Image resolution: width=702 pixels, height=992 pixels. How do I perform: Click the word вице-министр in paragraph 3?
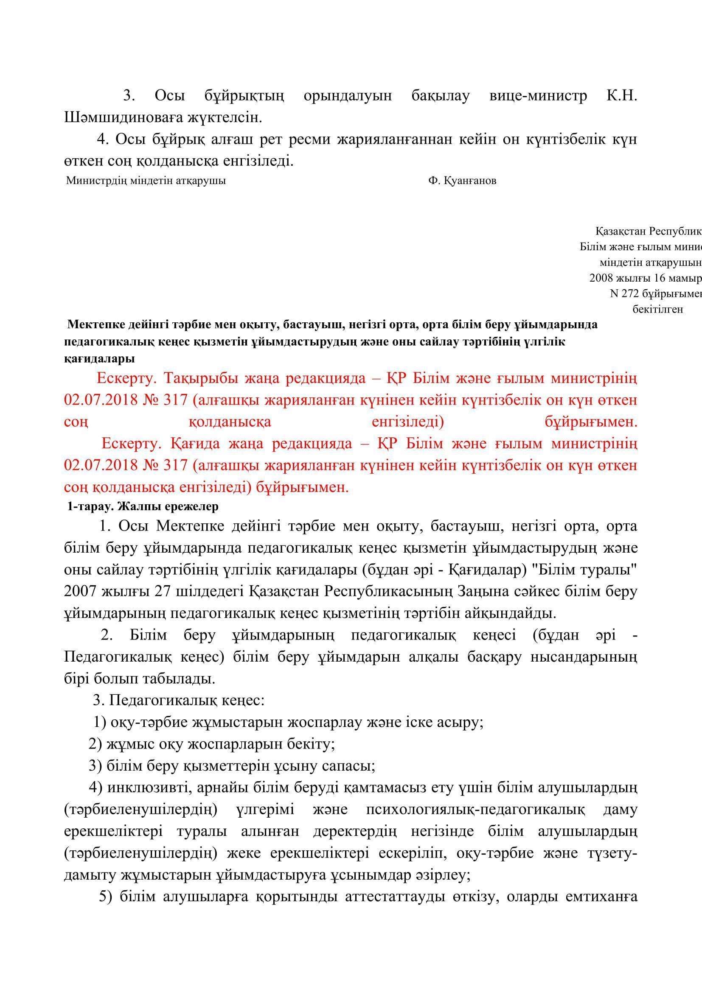pos(538,95)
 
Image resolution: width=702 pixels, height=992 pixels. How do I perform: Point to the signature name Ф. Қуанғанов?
pos(462,181)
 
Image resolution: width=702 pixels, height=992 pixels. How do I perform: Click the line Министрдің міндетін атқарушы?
pos(146,181)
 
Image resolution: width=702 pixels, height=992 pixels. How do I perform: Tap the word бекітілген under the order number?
pos(657,309)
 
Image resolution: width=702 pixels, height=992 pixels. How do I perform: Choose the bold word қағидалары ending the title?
pos(99,359)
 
